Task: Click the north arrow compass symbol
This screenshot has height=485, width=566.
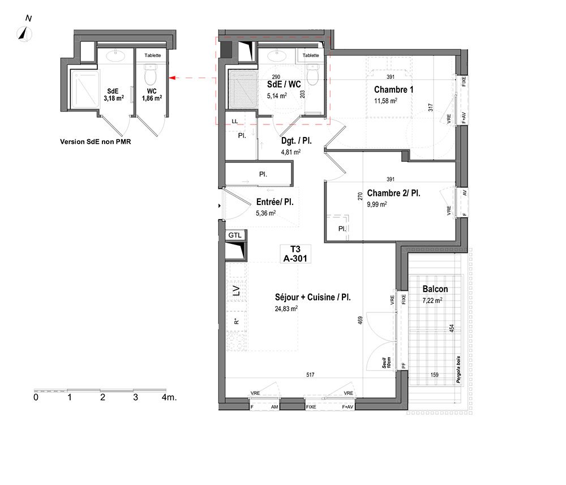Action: pos(24,35)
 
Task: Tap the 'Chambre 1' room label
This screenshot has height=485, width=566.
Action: pos(393,89)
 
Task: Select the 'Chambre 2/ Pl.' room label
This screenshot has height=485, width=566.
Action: pos(393,193)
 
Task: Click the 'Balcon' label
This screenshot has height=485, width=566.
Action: pos(435,289)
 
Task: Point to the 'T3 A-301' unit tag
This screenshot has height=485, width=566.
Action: pos(295,254)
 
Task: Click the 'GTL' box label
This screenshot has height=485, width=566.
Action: pos(235,235)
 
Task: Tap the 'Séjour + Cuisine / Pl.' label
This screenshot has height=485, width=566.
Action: pos(312,297)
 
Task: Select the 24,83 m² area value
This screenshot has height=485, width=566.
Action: pos(286,308)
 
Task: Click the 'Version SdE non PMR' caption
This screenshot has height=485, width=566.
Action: pos(95,142)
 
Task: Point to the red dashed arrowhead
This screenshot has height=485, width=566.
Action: pos(172,78)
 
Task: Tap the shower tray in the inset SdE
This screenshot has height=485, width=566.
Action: pos(84,89)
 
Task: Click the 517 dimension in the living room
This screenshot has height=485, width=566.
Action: pos(310,375)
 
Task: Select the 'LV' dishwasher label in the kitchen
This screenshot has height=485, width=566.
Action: pos(236,290)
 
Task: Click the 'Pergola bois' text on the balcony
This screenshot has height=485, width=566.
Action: pos(458,370)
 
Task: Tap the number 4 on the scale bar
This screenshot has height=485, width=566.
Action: pos(165,397)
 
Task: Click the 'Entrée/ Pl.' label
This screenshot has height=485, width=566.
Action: pos(275,201)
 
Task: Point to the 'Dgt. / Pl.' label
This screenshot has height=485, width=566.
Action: pos(297,141)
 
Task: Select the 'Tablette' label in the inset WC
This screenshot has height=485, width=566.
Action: pos(153,55)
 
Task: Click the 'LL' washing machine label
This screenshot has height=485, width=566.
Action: pos(235,121)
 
